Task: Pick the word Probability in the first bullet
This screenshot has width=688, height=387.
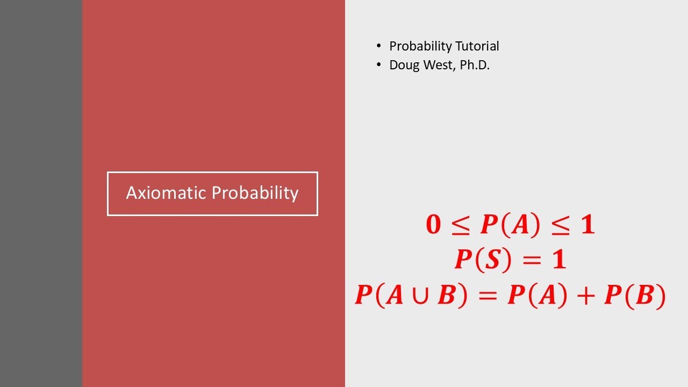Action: (x=421, y=46)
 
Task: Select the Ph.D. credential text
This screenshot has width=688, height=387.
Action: (x=475, y=66)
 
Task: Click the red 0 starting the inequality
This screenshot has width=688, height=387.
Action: (x=433, y=225)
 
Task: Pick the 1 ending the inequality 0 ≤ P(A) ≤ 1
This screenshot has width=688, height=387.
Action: (x=588, y=225)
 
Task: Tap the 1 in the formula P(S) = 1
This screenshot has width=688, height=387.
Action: (x=560, y=260)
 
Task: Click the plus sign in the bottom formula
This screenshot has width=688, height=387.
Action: (x=585, y=296)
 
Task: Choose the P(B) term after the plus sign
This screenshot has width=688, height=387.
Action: (x=635, y=296)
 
